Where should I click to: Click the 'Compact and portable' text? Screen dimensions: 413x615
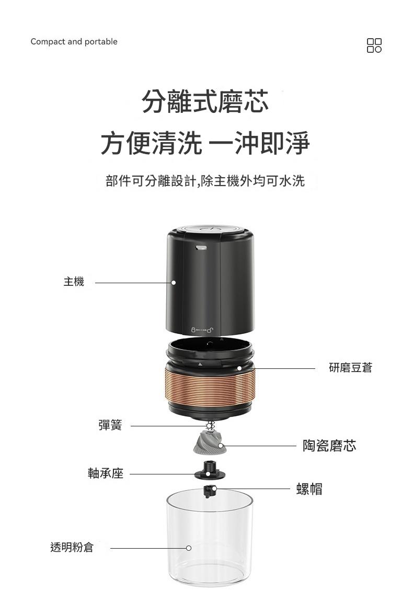(74, 42)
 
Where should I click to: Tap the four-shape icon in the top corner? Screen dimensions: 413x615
(374, 45)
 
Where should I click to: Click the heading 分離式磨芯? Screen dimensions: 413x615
(205, 101)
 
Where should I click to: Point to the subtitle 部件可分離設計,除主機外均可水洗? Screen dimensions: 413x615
(205, 181)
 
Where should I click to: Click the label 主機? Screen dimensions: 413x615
(74, 282)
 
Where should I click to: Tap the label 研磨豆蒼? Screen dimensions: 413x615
(351, 367)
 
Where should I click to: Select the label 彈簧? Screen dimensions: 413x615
(110, 425)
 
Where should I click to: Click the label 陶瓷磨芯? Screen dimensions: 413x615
(329, 446)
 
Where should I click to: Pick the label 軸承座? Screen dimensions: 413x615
(106, 473)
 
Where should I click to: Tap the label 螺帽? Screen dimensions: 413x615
(309, 489)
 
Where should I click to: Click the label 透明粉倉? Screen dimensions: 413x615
(72, 547)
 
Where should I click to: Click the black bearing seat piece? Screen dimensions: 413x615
(210, 471)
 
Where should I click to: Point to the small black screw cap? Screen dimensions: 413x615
(209, 491)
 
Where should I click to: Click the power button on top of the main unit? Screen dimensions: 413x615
(211, 229)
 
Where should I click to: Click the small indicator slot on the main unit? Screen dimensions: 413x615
(201, 247)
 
